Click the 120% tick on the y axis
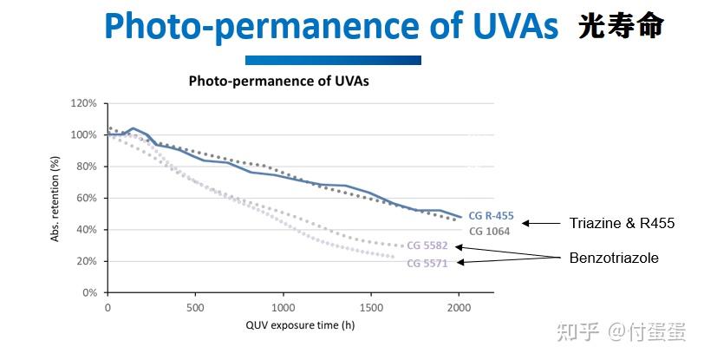click(x=84, y=103)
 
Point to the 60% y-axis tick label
click(x=87, y=198)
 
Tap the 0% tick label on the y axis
click(x=90, y=293)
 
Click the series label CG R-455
click(x=491, y=216)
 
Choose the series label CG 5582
click(x=427, y=246)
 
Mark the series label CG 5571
click(x=427, y=263)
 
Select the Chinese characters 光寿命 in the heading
click(x=621, y=26)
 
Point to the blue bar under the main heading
click(x=333, y=60)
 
